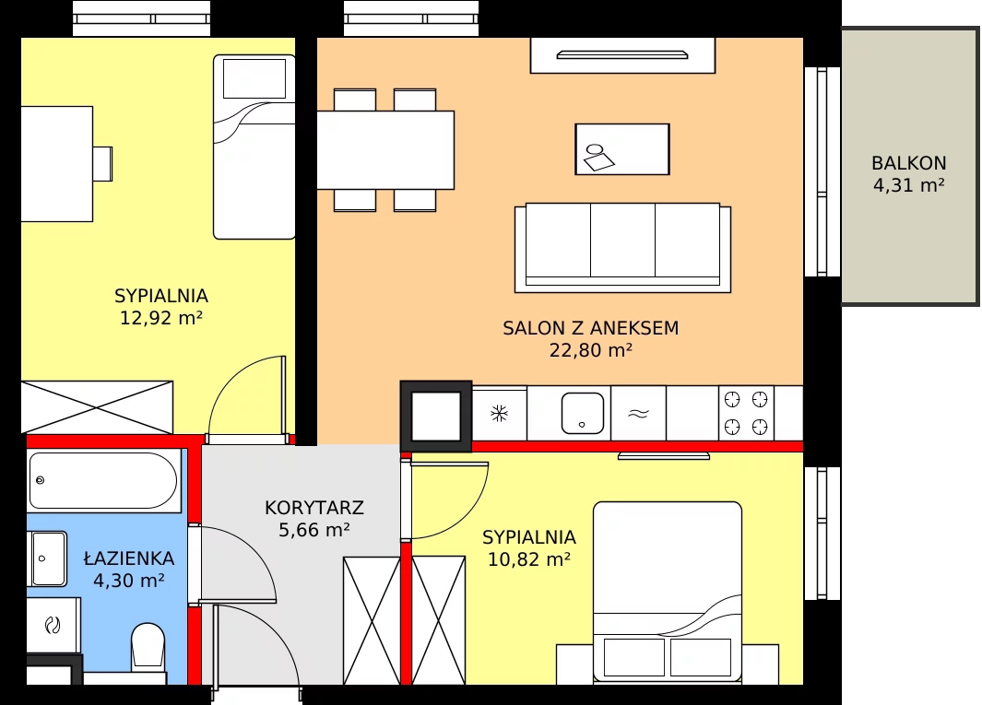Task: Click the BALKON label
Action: coord(909,163)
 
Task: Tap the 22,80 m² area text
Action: coord(590,350)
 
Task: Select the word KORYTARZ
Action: coord(314,507)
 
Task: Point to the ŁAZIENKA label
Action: coord(129,558)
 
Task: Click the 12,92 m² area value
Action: coord(161,318)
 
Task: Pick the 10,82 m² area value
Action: coord(529,559)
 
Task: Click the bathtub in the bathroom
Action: coord(103,480)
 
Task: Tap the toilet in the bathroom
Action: coord(148,646)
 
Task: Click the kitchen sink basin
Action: coord(583,413)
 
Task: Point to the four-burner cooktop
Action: coord(746,413)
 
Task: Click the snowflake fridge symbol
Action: coord(499,413)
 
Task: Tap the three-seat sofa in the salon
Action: coord(622,247)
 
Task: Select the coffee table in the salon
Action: coord(622,149)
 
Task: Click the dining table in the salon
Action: coord(385,149)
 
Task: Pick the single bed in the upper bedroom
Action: coord(254,147)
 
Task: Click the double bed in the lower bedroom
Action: coord(668,591)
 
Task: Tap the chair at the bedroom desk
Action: coord(102,164)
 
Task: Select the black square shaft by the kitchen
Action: coord(436,417)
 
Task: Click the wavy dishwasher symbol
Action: coord(638,413)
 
